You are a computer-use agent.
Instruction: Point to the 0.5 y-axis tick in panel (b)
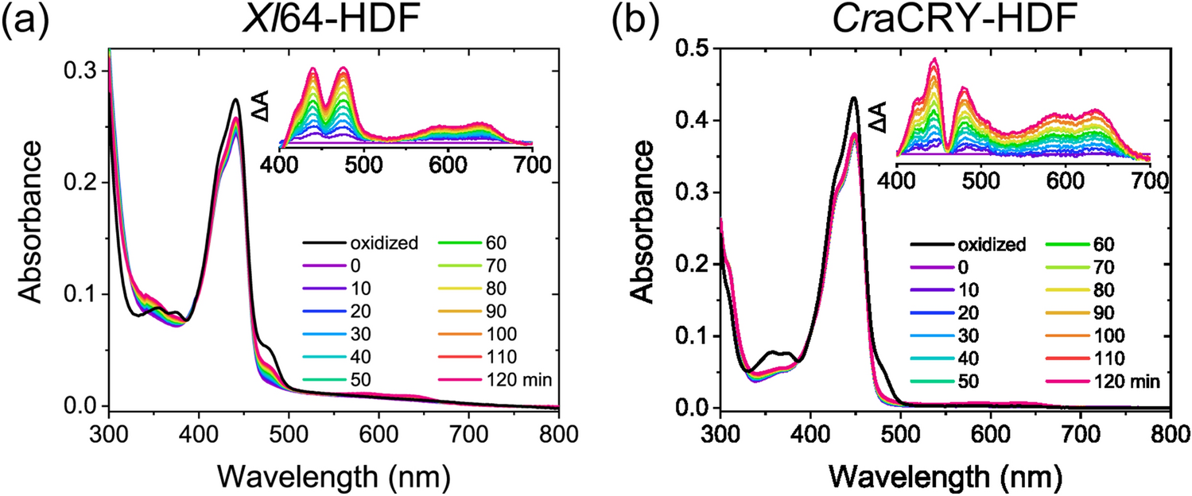tap(693, 49)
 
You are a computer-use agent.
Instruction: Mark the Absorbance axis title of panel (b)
tap(646, 231)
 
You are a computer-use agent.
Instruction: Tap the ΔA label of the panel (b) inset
tap(876, 109)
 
